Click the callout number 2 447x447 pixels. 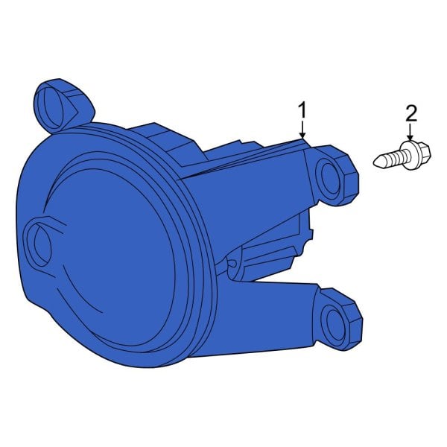(x=411, y=114)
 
